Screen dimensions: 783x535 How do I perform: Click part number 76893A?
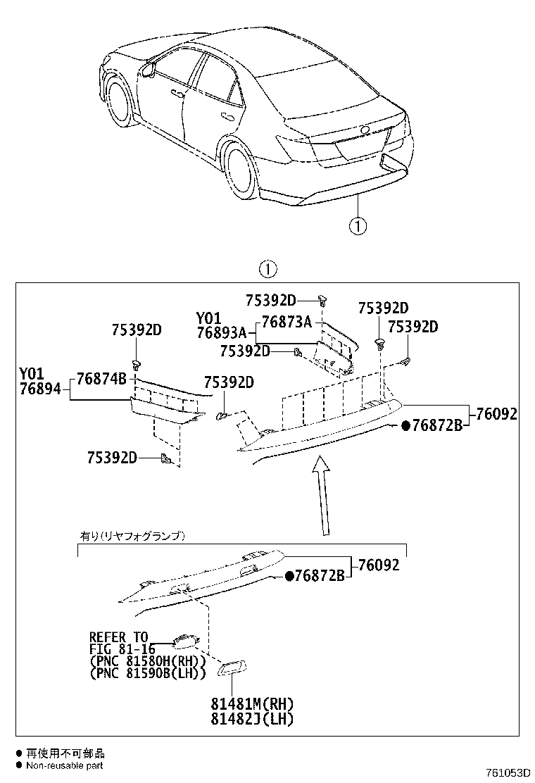pyautogui.click(x=222, y=333)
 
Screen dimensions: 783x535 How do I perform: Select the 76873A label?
pyautogui.click(x=286, y=322)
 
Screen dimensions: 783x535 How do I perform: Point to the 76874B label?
pyautogui.click(x=101, y=379)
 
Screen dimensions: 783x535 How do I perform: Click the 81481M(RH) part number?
pyautogui.click(x=251, y=704)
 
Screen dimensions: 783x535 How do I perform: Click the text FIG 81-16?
pyautogui.click(x=122, y=649)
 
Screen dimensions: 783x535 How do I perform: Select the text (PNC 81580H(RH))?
pyautogui.click(x=148, y=661)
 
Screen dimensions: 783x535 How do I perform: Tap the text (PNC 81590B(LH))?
pyautogui.click(x=148, y=674)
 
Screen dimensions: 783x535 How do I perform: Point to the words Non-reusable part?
pyautogui.click(x=65, y=765)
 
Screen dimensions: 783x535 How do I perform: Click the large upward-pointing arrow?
pyautogui.click(x=321, y=493)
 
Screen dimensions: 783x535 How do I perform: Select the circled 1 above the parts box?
pyautogui.click(x=267, y=269)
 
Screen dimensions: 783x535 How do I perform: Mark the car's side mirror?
pyautogui.click(x=149, y=69)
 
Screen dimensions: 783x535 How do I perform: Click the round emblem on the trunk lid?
pyautogui.click(x=364, y=130)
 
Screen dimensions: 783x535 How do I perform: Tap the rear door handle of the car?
pyautogui.click(x=227, y=116)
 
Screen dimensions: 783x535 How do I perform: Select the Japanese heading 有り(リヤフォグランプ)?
pyautogui.click(x=132, y=536)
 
